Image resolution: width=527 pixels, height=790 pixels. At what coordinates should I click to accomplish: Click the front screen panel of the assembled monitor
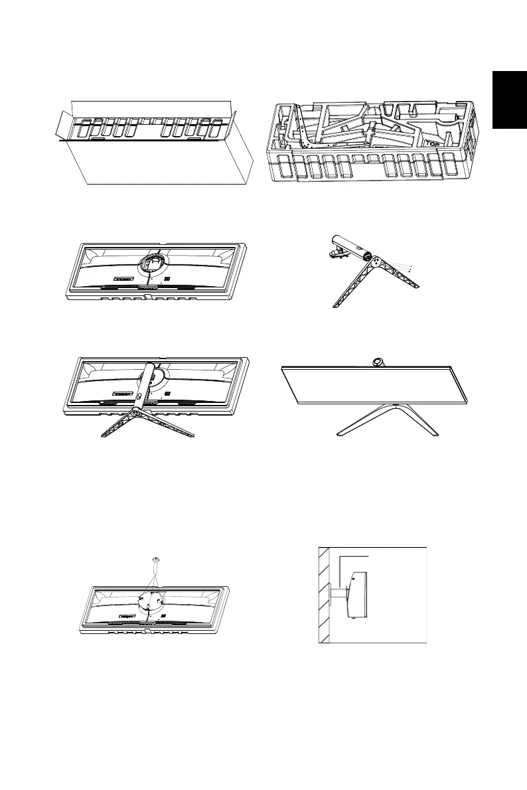[376, 392]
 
